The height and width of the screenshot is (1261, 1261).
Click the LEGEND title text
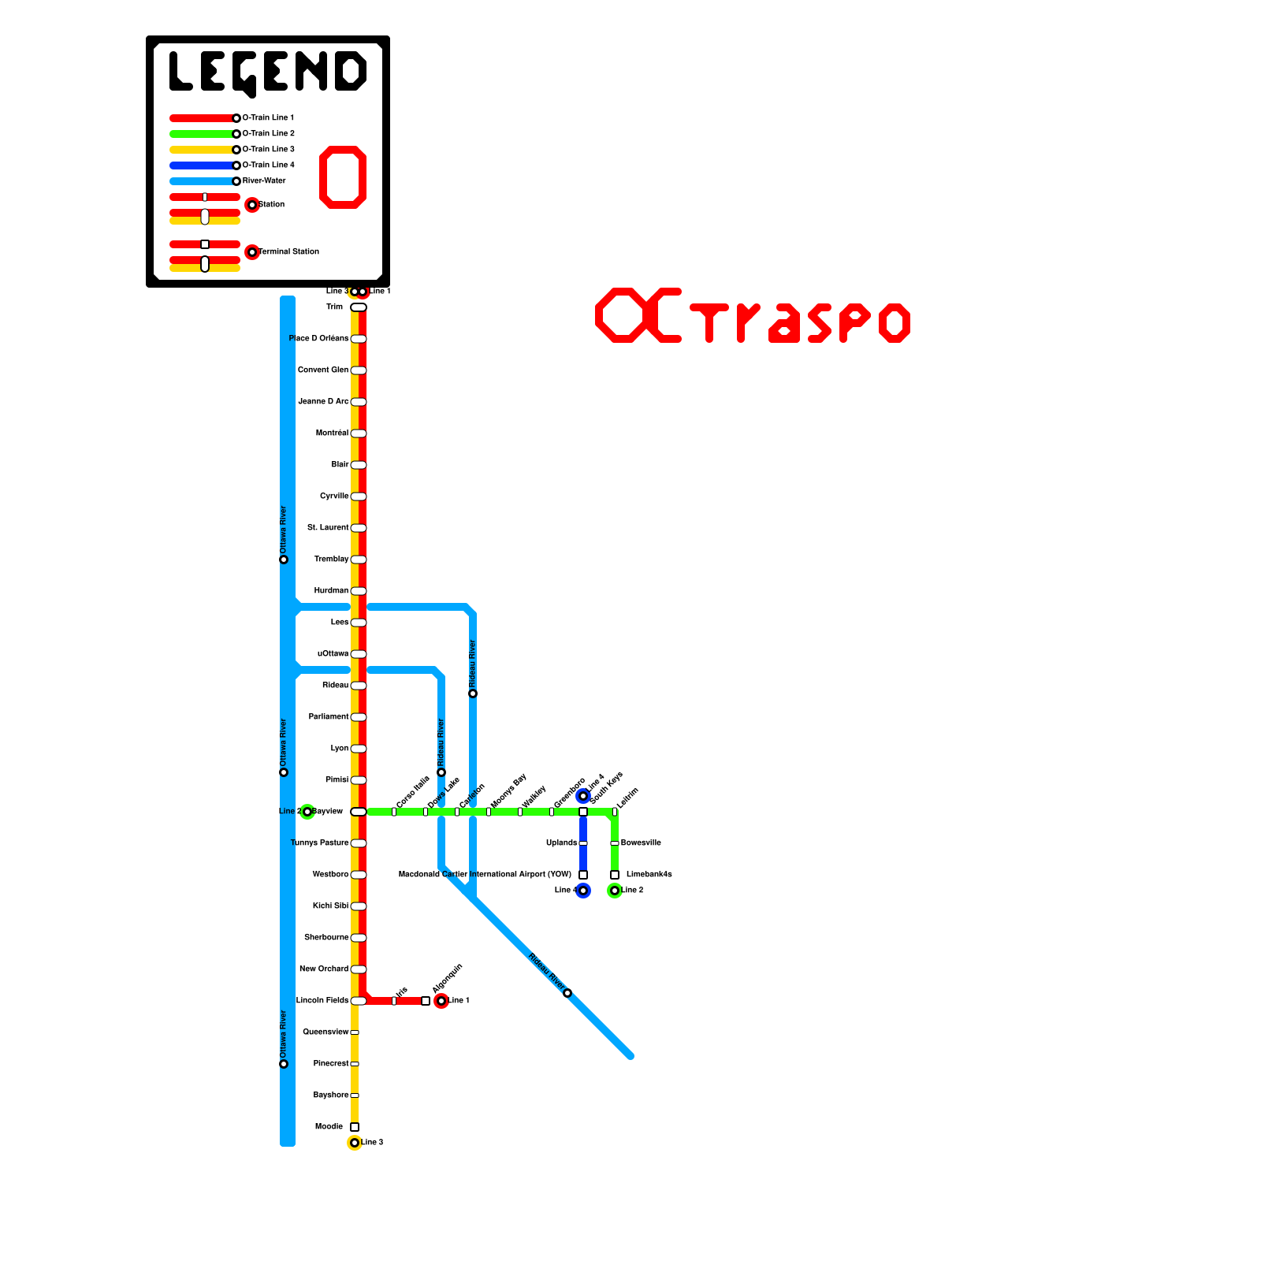[268, 73]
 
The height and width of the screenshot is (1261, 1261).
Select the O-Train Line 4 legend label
[268, 166]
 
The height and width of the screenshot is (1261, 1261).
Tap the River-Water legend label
[264, 181]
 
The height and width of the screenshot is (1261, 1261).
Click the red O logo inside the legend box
[343, 177]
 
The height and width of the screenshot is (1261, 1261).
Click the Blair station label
[340, 465]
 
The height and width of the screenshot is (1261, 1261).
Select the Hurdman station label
[331, 591]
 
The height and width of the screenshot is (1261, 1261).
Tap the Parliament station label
[328, 717]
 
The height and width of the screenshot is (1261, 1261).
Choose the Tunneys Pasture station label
[319, 843]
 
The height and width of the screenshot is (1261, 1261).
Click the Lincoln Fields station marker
[359, 1001]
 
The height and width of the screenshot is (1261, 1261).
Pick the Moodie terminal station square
[355, 1127]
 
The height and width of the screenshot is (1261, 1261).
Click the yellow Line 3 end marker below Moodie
[355, 1143]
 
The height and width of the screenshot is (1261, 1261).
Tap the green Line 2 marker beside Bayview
[307, 812]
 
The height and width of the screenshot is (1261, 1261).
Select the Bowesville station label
[641, 843]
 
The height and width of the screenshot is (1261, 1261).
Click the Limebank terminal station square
[615, 875]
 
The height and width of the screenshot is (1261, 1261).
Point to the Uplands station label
[561, 843]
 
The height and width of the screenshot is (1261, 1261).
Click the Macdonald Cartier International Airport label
[485, 875]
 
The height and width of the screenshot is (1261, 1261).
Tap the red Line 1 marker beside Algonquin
[441, 1001]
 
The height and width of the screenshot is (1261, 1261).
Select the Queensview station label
[325, 1032]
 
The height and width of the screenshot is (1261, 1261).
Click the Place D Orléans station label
[318, 339]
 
